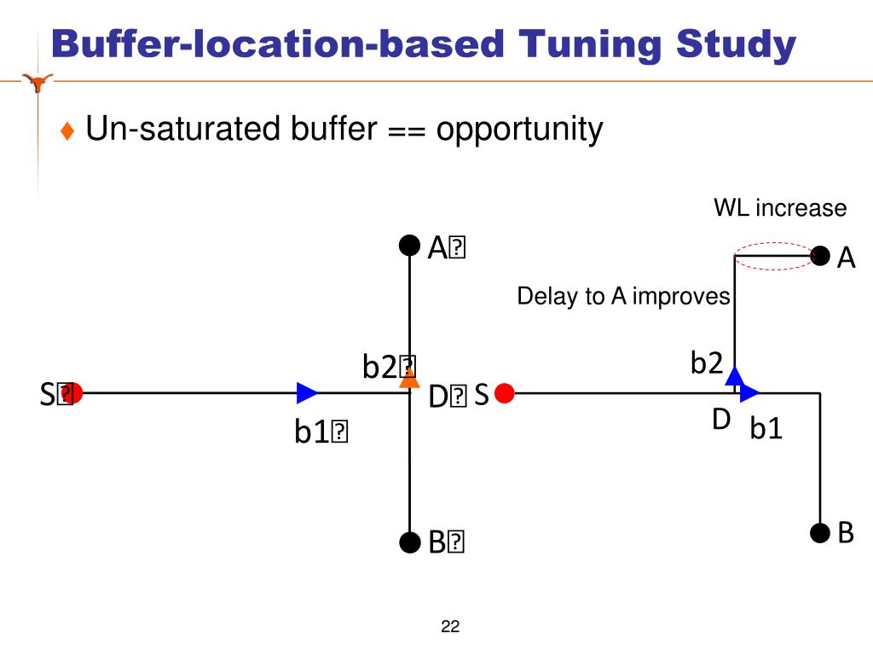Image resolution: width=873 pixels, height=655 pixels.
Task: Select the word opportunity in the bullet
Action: click(520, 130)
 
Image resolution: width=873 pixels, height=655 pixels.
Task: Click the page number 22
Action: click(450, 628)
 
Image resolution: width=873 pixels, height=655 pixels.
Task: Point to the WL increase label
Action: click(780, 208)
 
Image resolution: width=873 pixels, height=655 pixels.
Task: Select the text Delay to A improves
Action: click(623, 296)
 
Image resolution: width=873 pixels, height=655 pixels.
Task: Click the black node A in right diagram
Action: click(820, 256)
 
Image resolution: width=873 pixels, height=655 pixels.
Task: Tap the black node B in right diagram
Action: click(820, 533)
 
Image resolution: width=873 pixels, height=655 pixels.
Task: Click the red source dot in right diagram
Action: click(505, 393)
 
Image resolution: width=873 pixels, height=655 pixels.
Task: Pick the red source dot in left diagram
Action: click(74, 393)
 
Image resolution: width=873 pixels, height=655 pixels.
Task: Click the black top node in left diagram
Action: click(410, 246)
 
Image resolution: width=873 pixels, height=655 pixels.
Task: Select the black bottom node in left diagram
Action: click(410, 542)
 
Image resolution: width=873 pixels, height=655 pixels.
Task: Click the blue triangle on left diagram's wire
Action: click(307, 393)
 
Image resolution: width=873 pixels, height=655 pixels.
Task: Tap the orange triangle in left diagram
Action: click(410, 380)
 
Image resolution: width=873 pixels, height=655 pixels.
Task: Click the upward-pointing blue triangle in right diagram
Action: click(735, 376)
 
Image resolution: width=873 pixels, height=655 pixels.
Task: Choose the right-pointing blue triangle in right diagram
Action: click(749, 393)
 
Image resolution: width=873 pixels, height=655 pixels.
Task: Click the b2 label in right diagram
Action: click(707, 364)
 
